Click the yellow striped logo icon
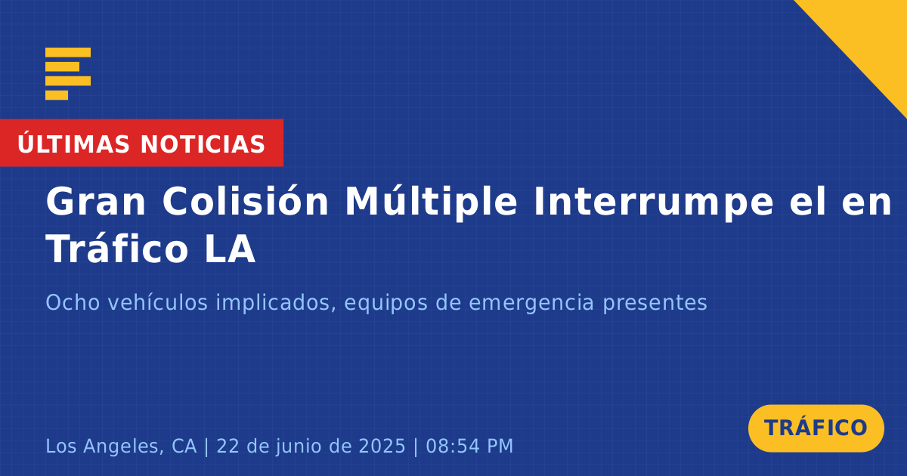click(x=68, y=74)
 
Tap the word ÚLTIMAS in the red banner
click(x=73, y=144)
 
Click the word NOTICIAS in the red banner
click(x=203, y=144)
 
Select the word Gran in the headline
click(x=95, y=202)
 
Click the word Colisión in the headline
click(x=246, y=200)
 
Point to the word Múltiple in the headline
click(x=432, y=202)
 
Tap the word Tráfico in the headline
click(x=117, y=248)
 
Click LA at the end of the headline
click(x=230, y=249)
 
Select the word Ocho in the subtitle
click(x=73, y=302)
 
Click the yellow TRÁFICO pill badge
click(x=816, y=428)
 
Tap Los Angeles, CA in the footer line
click(x=121, y=447)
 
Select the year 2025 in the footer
click(x=382, y=446)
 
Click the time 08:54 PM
click(x=469, y=446)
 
